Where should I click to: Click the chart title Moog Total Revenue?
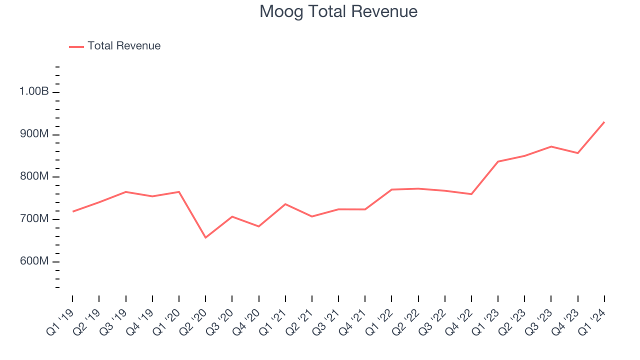pos(338,11)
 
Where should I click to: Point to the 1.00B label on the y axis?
pos(34,92)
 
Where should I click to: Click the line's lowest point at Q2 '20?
pos(205,237)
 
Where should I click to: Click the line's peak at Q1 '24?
pos(604,122)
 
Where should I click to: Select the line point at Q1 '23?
pos(498,161)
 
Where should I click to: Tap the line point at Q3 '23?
pos(551,146)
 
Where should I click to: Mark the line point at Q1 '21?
pos(285,204)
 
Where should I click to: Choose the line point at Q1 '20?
pos(179,191)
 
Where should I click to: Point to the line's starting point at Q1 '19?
pos(72,211)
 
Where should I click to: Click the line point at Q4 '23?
pos(578,153)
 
